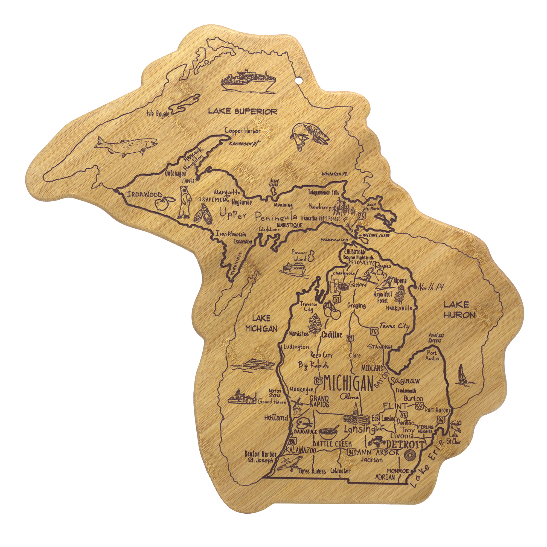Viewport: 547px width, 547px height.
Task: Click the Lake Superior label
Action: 243,111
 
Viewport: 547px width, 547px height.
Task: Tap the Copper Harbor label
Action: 242,131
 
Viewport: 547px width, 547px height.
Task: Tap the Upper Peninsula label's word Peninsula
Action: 276,217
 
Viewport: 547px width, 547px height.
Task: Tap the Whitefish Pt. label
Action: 334,174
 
